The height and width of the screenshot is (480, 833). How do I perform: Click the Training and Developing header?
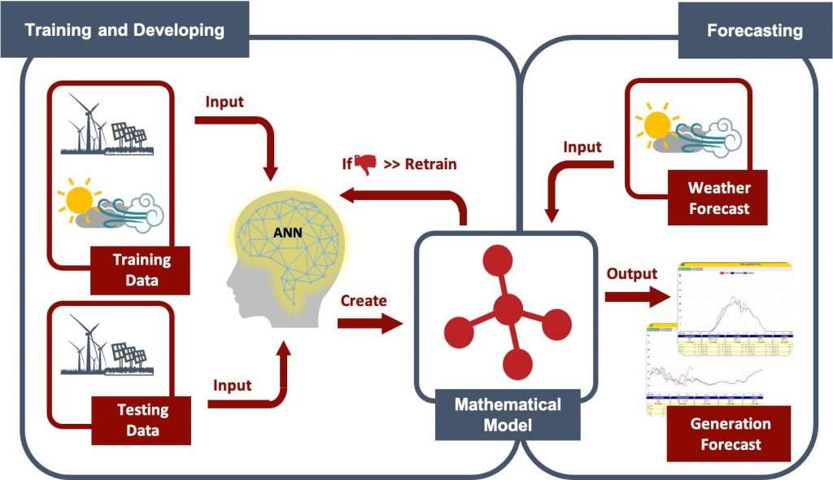tap(124, 31)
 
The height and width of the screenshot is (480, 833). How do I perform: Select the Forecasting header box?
tap(754, 31)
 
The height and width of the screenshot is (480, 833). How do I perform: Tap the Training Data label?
tap(142, 270)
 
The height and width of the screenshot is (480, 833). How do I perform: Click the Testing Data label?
tap(142, 420)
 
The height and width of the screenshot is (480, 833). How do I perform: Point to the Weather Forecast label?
tap(719, 198)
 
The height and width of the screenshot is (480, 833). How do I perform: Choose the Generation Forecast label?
tap(730, 434)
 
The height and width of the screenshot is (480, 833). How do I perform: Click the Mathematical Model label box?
tap(508, 414)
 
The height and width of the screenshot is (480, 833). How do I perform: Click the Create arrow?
tap(370, 323)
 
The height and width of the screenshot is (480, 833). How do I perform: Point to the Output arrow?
tap(637, 297)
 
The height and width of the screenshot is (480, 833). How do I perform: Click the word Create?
tap(364, 300)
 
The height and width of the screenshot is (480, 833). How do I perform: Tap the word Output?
tap(631, 273)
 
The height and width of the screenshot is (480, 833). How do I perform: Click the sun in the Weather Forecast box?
tap(655, 124)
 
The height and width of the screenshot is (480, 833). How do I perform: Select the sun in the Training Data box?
tap(79, 199)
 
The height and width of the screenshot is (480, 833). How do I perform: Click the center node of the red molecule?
tap(508, 308)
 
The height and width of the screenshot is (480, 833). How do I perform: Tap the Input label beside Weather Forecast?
tap(582, 147)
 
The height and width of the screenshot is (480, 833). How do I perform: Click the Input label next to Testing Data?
tap(233, 384)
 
